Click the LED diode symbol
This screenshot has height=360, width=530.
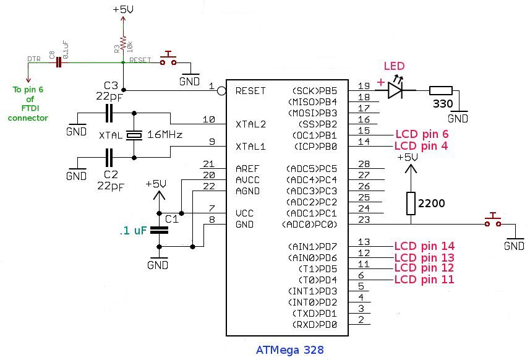395,90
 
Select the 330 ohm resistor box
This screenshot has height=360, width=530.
441,90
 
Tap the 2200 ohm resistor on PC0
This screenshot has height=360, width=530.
411,204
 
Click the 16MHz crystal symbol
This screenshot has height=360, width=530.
134,135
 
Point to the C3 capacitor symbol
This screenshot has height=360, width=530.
109,113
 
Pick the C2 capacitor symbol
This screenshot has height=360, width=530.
109,158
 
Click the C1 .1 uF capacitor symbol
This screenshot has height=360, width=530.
159,230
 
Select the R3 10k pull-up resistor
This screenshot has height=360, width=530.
123,43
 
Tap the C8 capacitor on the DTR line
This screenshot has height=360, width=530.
59,62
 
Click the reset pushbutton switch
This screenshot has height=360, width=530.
168,59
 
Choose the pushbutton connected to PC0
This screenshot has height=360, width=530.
493,220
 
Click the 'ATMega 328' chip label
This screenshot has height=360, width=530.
289,350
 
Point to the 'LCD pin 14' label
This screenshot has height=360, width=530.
424,246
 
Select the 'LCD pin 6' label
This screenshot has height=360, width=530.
422,134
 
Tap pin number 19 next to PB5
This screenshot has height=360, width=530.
364,86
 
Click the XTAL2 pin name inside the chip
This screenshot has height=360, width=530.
250,124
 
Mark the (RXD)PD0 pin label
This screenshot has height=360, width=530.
315,325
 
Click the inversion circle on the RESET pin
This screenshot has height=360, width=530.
221,90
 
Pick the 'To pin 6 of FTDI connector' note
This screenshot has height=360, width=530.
28,104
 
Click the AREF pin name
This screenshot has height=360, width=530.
247,169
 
